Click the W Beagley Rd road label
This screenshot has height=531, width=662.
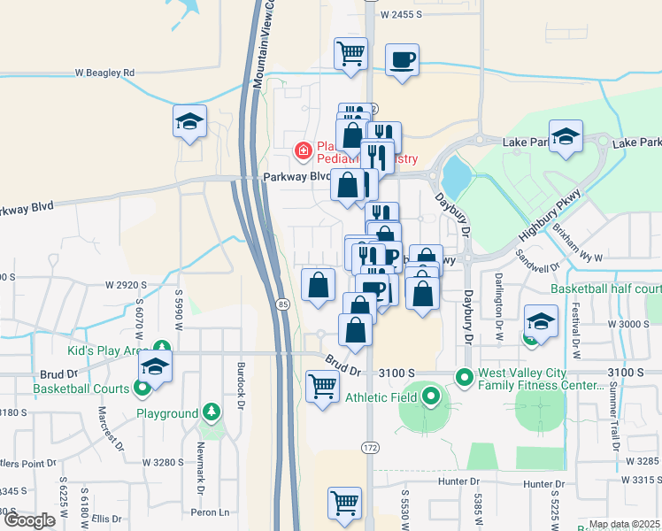coord(104,73)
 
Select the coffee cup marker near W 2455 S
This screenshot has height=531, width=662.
coord(403,60)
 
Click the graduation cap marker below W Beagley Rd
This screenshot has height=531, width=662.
coord(189,122)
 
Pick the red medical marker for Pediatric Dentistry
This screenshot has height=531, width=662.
coord(304,151)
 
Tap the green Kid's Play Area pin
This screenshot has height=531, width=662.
coord(161,347)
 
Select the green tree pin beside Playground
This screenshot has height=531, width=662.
coord(211,412)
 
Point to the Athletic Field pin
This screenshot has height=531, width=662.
coord(431,396)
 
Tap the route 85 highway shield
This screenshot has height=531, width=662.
coord(281,304)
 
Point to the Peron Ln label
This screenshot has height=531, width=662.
coord(212,512)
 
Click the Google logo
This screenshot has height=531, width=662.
coord(29,519)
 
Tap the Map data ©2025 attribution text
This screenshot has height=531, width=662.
coord(624,524)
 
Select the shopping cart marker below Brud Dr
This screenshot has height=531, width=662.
coord(322,387)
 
